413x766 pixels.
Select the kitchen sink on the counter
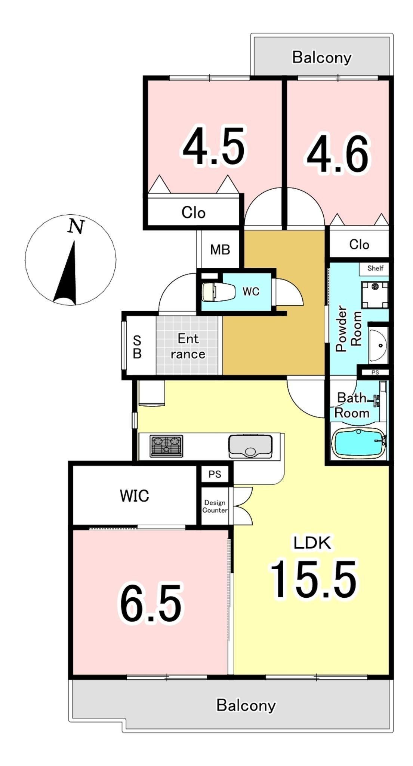click(x=250, y=446)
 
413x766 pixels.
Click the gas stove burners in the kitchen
click(x=166, y=446)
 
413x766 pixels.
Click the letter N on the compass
click(x=76, y=226)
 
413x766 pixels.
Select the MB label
click(x=220, y=249)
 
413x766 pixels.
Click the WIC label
click(x=135, y=496)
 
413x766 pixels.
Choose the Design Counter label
click(x=215, y=506)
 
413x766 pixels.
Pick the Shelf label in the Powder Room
click(x=375, y=268)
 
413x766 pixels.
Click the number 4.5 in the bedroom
click(x=214, y=146)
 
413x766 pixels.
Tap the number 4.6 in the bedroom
click(x=338, y=154)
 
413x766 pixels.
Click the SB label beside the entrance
click(x=137, y=347)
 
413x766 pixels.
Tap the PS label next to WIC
click(x=215, y=474)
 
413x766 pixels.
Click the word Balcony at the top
click(x=322, y=58)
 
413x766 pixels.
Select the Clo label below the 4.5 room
click(x=193, y=212)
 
